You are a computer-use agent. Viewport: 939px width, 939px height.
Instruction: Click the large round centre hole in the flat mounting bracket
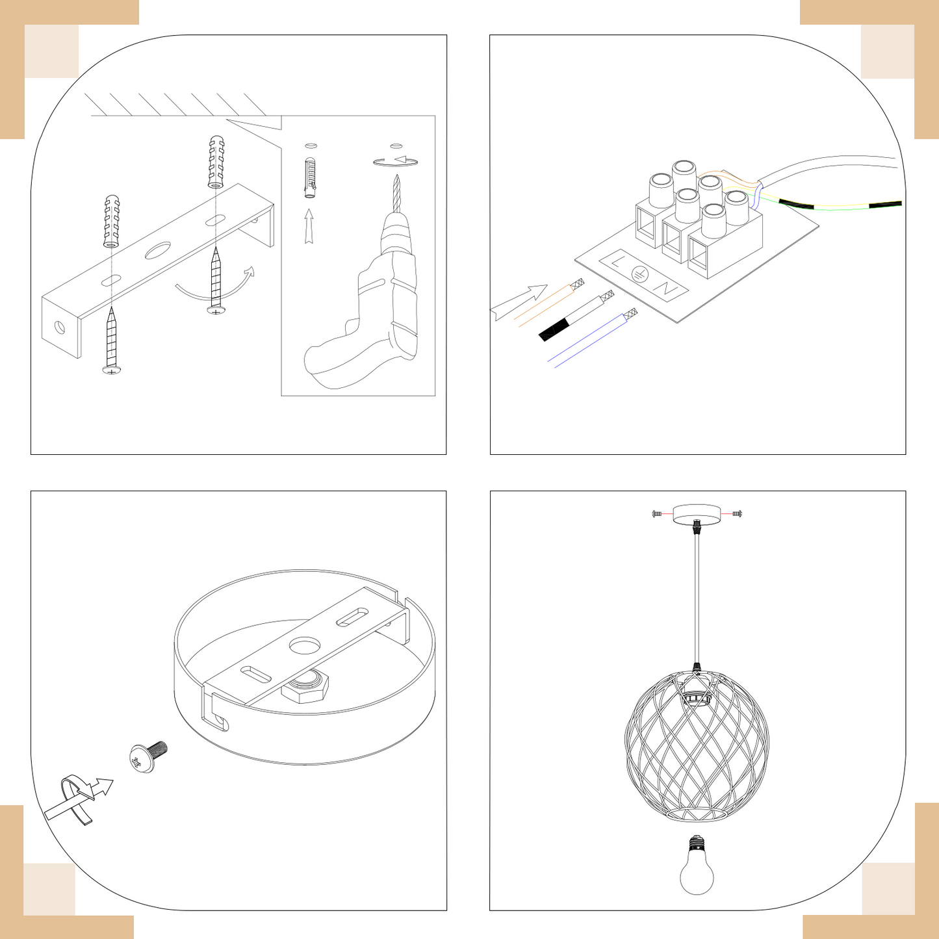pos(158,250)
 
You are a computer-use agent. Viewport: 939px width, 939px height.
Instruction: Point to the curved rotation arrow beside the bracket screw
pos(214,286)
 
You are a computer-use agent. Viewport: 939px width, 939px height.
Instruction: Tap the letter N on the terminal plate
pos(665,289)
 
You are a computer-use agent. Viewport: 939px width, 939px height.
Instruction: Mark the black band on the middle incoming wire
pos(554,329)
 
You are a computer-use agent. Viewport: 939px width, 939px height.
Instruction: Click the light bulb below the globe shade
pos(697,868)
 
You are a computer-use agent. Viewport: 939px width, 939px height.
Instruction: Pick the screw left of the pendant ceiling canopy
pos(657,514)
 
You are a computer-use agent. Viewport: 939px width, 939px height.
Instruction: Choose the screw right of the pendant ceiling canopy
pos(737,514)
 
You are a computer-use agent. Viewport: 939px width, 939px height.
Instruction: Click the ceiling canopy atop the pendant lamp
pos(697,514)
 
